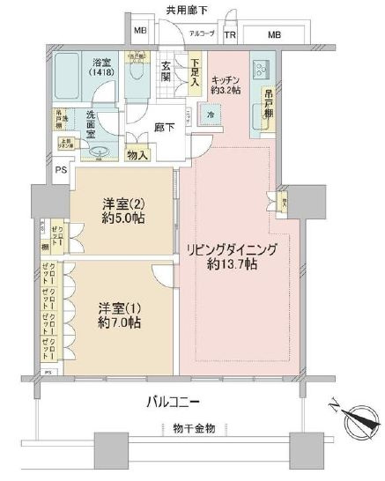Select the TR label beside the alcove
click(x=230, y=35)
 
